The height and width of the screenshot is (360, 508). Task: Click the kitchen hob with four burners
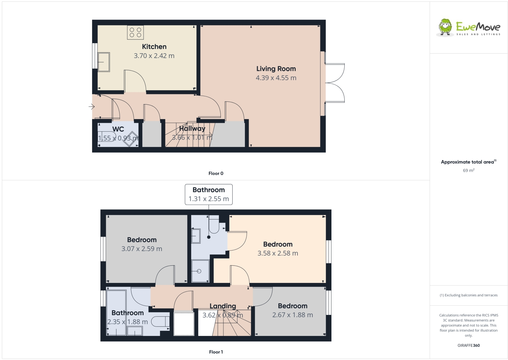(x=135, y=33)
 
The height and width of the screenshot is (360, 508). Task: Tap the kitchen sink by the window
(x=104, y=62)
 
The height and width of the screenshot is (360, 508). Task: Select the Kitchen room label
(x=154, y=47)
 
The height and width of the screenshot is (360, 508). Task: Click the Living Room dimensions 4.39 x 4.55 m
(x=276, y=78)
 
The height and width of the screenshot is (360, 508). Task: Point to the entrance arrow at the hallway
(x=91, y=107)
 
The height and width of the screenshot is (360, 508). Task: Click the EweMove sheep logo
(x=445, y=27)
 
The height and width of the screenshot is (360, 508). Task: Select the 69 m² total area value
(x=468, y=170)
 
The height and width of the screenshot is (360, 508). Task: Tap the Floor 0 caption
(x=216, y=173)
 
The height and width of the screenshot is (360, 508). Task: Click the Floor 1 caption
(x=216, y=352)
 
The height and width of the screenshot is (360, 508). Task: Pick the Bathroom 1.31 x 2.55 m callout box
(x=208, y=194)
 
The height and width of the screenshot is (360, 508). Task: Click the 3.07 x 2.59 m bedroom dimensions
(x=142, y=249)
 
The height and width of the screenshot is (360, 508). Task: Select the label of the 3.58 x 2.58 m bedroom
(x=278, y=244)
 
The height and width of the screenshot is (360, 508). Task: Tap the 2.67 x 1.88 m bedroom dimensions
(x=292, y=315)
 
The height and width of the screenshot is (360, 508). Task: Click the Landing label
(x=222, y=306)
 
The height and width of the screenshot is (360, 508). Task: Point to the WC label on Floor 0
(x=118, y=129)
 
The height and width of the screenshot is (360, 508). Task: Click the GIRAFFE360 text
(x=468, y=345)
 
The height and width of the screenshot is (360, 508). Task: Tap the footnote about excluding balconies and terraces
(x=468, y=295)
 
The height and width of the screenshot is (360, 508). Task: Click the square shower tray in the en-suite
(x=200, y=271)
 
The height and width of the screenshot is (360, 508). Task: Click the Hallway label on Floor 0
(x=192, y=129)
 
